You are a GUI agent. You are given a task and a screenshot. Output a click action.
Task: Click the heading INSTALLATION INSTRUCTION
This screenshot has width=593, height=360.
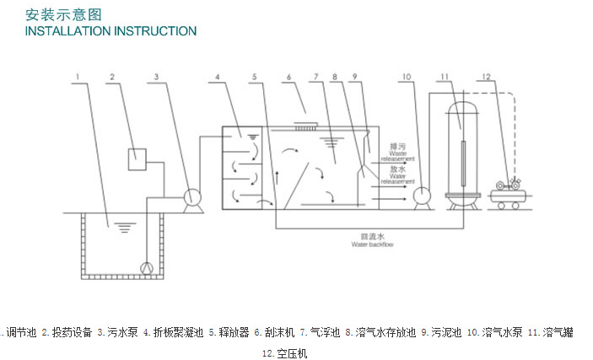pos(111,31)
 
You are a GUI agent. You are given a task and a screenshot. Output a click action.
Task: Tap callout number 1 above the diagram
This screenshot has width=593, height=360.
pos(77,78)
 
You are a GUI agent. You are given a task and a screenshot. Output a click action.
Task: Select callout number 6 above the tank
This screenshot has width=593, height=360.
pos(288,78)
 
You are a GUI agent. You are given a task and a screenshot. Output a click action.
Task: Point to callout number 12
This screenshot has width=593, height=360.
pos(485,78)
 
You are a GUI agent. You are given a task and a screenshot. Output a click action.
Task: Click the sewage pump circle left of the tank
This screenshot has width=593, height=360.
pos(193,198)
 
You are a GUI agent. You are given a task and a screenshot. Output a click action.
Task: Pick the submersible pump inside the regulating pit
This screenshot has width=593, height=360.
pos(148,268)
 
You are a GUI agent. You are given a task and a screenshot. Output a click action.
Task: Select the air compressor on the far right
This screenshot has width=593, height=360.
pos(510,192)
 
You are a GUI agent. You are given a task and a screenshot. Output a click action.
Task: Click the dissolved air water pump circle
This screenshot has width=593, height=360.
pos(423,196)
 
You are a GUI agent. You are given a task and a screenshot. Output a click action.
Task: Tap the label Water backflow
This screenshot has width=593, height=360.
pos(372,244)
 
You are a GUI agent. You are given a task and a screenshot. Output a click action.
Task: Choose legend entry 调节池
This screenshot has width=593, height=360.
pos(19,332)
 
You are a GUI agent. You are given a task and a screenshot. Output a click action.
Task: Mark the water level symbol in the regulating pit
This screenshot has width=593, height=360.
pos(125,226)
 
